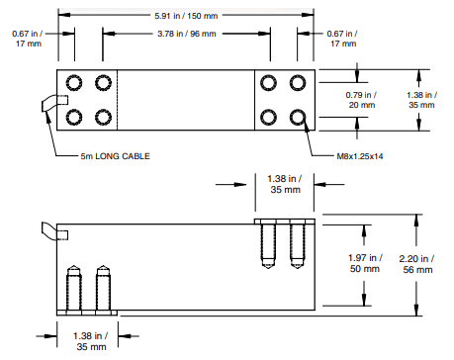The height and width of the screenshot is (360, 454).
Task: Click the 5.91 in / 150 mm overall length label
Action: pyautogui.click(x=186, y=16)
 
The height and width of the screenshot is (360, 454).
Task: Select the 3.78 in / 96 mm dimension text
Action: pyautogui.click(x=187, y=34)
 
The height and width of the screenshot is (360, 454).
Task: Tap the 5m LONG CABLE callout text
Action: pyautogui.click(x=116, y=156)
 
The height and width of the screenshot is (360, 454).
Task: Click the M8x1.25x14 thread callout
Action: pyautogui.click(x=360, y=156)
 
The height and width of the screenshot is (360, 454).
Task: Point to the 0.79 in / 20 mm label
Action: pyautogui.click(x=361, y=100)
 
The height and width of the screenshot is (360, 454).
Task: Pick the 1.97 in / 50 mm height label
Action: pyautogui.click(x=365, y=263)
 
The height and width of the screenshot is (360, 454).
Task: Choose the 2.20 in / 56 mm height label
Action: pyautogui.click(x=417, y=264)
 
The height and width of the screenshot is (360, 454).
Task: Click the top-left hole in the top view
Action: pyautogui.click(x=74, y=82)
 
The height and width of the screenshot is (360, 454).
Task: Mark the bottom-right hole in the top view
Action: pyautogui.click(x=298, y=117)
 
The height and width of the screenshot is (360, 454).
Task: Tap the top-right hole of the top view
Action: pyautogui.click(x=298, y=82)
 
